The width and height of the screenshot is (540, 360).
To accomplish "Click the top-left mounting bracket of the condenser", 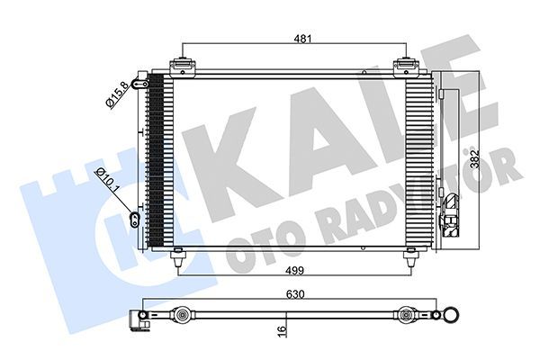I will pos(184,67).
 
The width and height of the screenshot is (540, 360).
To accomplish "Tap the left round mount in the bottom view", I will pos(183,317).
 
